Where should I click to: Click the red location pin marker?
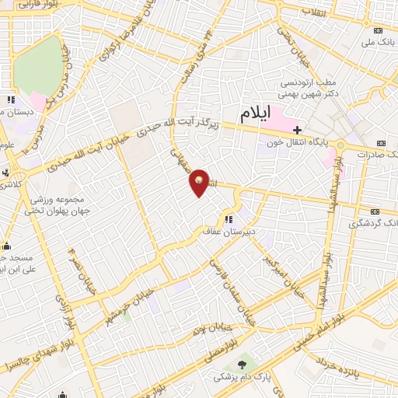point(201,181)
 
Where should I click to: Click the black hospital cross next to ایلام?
point(297,128)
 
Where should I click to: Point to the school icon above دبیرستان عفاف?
point(229,219)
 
